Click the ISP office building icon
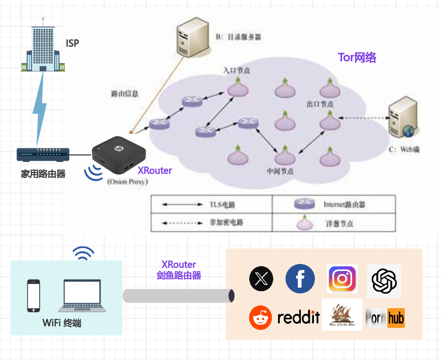[43, 45]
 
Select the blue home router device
[43, 154]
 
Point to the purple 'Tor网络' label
[357, 57]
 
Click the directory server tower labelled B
[193, 38]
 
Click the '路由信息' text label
[124, 94]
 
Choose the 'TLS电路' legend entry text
[223, 205]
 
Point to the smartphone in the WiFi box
[33, 296]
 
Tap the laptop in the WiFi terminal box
[82, 296]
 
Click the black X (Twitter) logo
[261, 279]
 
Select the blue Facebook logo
[300, 279]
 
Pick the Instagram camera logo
[342, 279]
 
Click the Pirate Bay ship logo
[342, 315]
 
